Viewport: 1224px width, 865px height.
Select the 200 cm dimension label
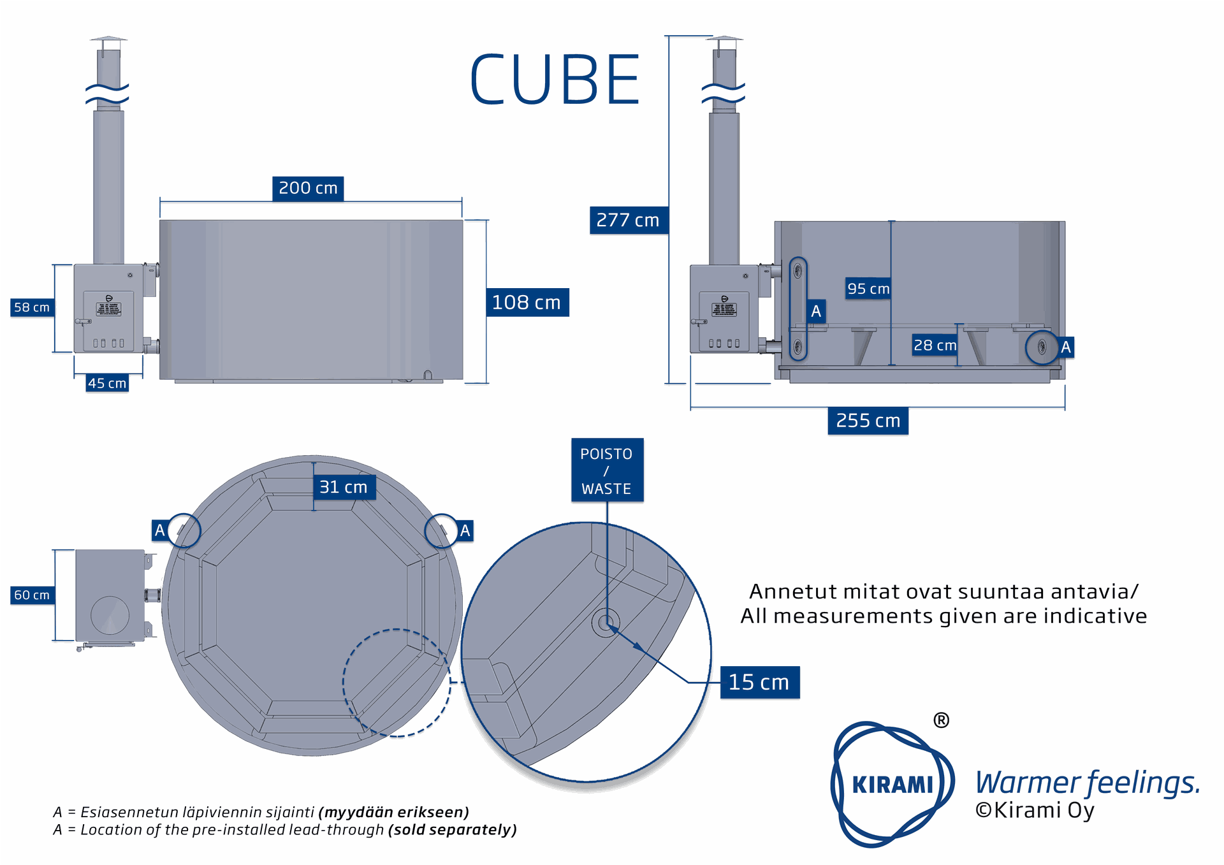308,189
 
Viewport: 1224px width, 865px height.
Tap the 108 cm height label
527,302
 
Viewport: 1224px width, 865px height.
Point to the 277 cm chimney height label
628,220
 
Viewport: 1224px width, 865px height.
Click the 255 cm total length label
868,421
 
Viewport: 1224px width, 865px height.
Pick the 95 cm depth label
868,289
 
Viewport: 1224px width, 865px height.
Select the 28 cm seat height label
935,345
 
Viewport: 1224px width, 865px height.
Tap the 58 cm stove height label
32,307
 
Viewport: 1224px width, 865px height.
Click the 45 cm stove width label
107,383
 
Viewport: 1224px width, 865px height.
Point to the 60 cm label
32,595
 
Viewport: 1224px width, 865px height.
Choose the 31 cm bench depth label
344,487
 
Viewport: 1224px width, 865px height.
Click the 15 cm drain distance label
759,682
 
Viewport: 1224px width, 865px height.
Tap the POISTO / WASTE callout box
606,470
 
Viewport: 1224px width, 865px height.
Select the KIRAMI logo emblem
892,784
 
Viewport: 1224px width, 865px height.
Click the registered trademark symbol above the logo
941,720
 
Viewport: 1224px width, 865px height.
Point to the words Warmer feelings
1088,782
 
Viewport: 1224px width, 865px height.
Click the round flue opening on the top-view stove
110,615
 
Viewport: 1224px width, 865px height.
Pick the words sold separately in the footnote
453,829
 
